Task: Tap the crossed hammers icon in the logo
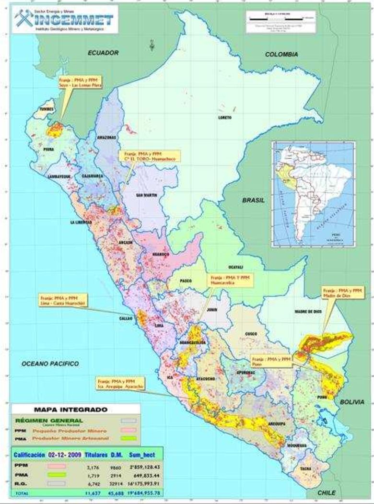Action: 23,18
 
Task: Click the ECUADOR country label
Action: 103,53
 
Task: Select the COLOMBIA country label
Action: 281,55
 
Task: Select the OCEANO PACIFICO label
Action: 50,364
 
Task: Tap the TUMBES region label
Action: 46,109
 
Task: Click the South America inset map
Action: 313,194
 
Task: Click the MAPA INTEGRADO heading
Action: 77,410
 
